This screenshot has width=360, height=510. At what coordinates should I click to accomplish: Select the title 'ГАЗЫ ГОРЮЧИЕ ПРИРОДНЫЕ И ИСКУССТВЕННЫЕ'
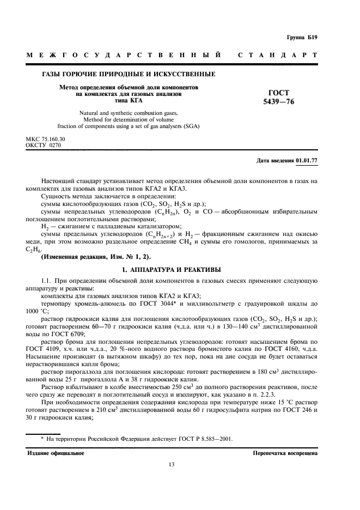point(128,74)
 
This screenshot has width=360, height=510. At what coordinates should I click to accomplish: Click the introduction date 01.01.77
point(307,161)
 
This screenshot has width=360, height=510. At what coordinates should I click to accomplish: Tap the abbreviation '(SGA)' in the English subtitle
point(190,126)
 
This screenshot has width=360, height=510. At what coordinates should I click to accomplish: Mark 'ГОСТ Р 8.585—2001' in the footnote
point(208,437)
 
